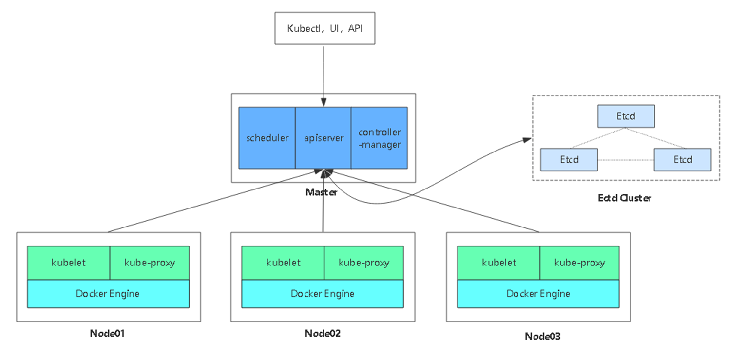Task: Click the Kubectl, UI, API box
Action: pos(324,28)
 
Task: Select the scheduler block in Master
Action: pos(267,138)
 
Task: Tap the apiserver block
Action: pos(323,138)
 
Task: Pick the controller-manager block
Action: pos(380,138)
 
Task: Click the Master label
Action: pos(321,192)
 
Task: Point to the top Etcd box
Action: pos(626,116)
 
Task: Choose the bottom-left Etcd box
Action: pos(569,159)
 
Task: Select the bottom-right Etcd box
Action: pos(683,159)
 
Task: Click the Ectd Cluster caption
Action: pos(625,198)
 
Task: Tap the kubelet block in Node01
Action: pos(69,263)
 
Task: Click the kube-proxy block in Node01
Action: pos(150,263)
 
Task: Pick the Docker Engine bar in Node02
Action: pos(323,294)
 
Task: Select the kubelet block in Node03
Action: pos(498,263)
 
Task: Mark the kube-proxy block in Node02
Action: pos(364,263)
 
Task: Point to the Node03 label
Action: pos(542,336)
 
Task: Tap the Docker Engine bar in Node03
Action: pos(538,294)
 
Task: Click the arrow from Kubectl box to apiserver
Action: pos(324,73)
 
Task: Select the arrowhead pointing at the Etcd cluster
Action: pos(527,140)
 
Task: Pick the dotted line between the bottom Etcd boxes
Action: pos(626,160)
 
